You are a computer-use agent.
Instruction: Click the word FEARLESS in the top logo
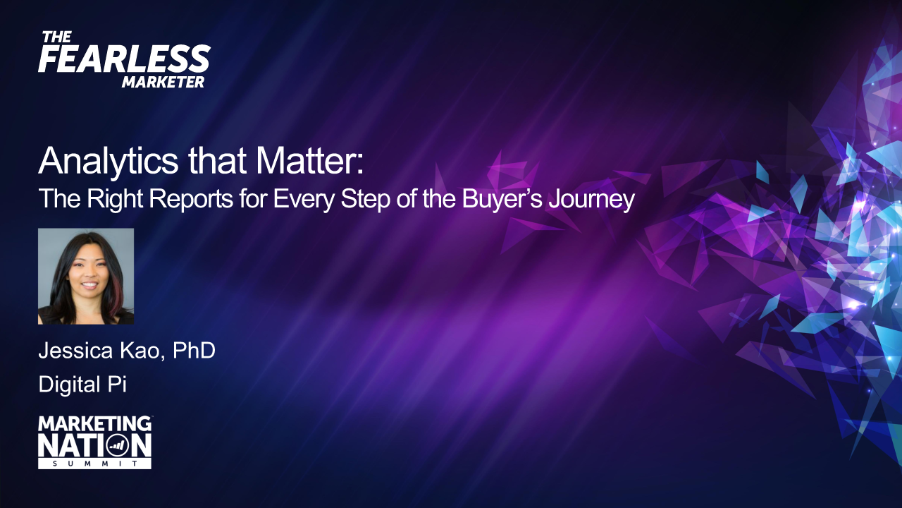coord(125,59)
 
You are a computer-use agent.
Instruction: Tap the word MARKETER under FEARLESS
coord(163,83)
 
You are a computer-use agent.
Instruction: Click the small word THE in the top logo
coord(57,37)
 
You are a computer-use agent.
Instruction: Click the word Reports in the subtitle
coord(191,199)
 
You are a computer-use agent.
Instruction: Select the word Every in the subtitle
coord(304,199)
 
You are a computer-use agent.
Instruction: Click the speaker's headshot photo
coord(86,276)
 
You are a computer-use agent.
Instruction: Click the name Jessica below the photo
coord(75,351)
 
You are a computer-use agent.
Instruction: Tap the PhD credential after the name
coord(194,351)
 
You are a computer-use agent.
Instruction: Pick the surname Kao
coord(142,351)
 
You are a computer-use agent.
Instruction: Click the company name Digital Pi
coord(82,385)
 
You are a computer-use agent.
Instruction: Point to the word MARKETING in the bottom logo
coord(94,424)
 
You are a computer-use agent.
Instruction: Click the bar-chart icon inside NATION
coord(118,445)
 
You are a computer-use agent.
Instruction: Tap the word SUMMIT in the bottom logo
coord(95,464)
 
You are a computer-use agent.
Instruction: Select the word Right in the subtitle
coord(115,199)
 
